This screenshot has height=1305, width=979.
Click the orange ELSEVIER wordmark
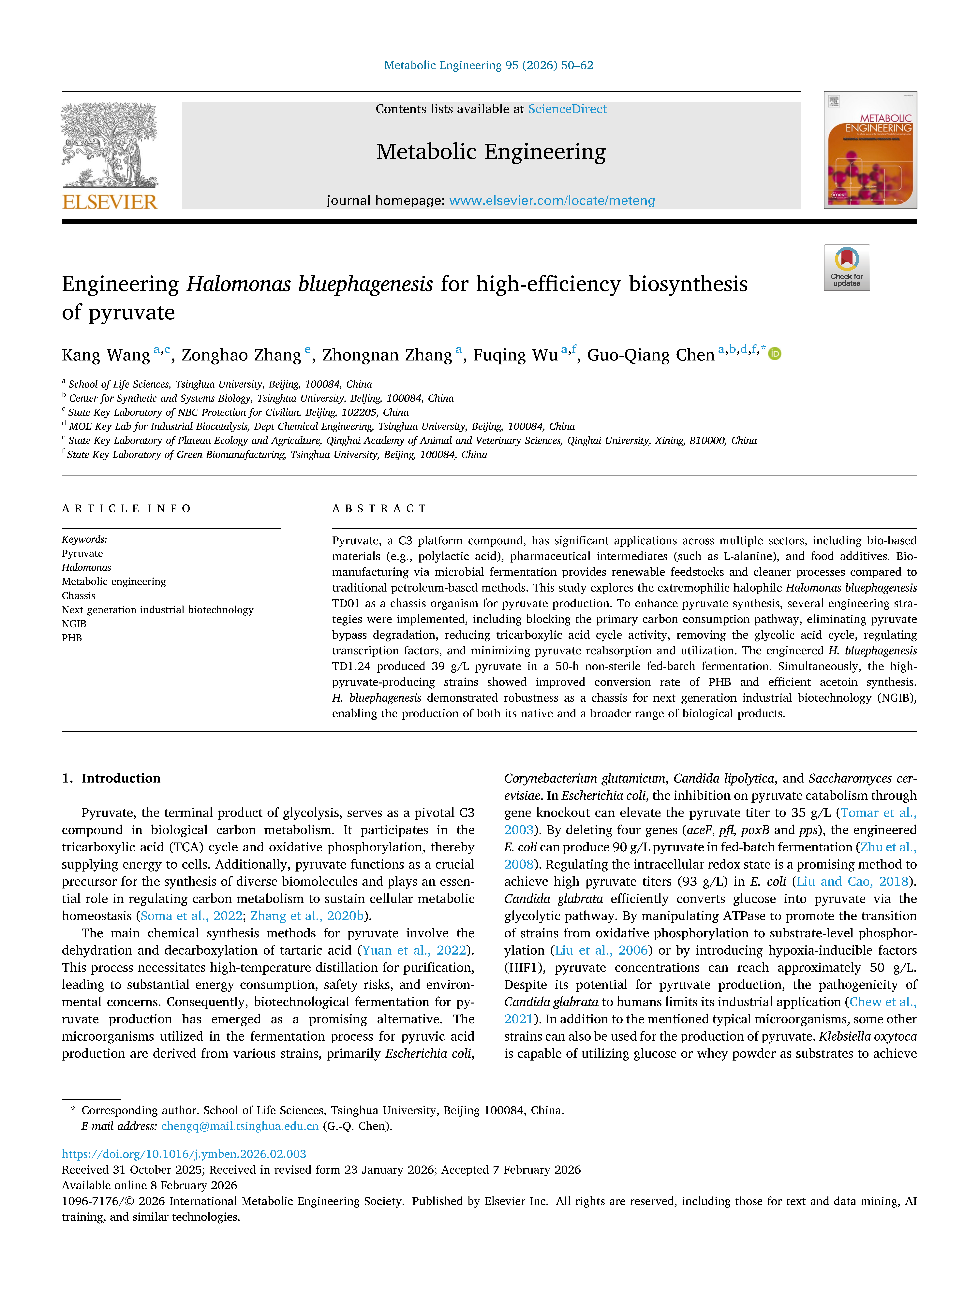coord(110,202)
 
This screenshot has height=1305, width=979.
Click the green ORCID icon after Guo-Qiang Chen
coord(775,354)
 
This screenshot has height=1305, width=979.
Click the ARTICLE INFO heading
coord(126,508)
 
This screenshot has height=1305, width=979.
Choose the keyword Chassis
coord(79,595)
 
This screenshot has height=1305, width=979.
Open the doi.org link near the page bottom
coord(184,1154)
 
